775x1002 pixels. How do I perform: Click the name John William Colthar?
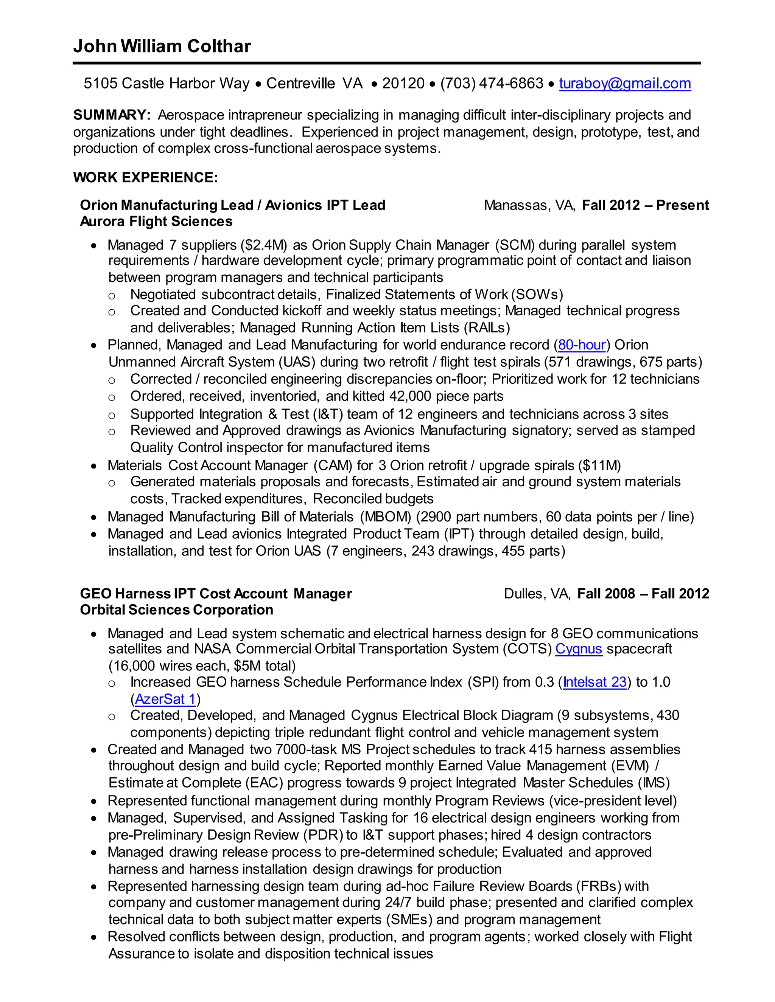(162, 47)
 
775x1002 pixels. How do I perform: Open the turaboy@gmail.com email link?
(624, 84)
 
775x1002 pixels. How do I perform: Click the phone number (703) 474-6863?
(492, 84)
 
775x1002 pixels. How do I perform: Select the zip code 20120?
(403, 84)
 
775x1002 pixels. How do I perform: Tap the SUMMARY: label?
(112, 115)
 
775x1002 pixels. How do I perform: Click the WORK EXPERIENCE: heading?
(146, 178)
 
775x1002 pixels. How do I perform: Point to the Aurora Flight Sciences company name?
(156, 222)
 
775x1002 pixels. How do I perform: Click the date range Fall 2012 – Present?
(645, 205)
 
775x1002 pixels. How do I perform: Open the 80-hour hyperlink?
(582, 345)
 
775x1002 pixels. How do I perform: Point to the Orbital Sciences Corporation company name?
(176, 610)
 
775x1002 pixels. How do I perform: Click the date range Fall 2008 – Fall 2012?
(643, 594)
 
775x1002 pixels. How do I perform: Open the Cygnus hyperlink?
(579, 649)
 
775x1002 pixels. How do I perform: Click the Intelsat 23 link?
(594, 682)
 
